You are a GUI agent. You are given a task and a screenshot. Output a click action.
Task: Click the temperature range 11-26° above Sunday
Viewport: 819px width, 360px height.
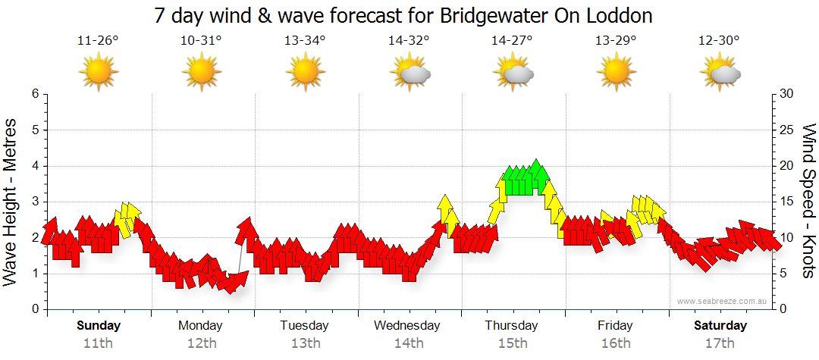pyautogui.click(x=98, y=41)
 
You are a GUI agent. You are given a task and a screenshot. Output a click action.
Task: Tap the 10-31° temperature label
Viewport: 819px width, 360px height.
pyautogui.click(x=201, y=41)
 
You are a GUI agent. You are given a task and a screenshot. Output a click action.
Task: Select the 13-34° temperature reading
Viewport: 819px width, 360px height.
pyautogui.click(x=305, y=41)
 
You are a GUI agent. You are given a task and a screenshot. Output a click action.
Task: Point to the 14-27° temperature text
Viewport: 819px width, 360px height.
pyautogui.click(x=512, y=41)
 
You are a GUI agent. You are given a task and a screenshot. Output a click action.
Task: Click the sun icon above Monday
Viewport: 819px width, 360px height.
pyautogui.click(x=201, y=72)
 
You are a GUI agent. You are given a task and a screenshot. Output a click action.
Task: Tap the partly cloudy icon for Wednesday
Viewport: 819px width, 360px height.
pyautogui.click(x=409, y=72)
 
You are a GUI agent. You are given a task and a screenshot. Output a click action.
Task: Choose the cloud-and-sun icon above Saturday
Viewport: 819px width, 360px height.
pyautogui.click(x=720, y=72)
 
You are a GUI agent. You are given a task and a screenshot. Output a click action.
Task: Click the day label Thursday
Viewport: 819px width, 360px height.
pyautogui.click(x=512, y=326)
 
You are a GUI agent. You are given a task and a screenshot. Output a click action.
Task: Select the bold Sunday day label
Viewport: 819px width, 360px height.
pyautogui.click(x=98, y=326)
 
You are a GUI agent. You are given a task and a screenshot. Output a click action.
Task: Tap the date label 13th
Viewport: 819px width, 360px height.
pyautogui.click(x=305, y=343)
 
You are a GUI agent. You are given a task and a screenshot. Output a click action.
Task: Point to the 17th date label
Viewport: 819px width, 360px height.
pyautogui.click(x=720, y=343)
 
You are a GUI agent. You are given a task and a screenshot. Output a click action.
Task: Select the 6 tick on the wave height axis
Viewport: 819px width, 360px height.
pyautogui.click(x=35, y=94)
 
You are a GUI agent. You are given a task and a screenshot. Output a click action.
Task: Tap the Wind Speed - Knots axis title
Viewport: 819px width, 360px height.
pyautogui.click(x=808, y=202)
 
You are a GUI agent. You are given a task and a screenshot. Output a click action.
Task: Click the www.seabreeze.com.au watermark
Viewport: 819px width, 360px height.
pyautogui.click(x=723, y=301)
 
